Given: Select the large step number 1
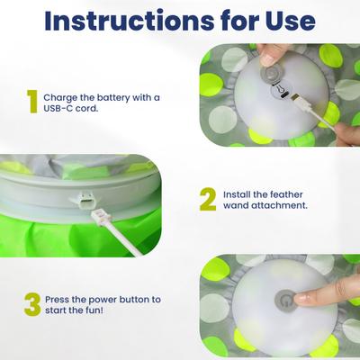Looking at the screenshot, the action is point(32,102).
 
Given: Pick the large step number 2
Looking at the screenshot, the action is point(208,200).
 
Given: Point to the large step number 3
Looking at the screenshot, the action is point(32,304).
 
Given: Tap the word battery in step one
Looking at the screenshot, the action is point(113,97).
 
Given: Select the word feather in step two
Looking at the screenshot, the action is point(286,194).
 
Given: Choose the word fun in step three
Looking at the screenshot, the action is point(94,310).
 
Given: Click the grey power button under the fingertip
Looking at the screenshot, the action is point(285,301).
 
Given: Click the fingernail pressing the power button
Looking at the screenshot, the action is point(302,299).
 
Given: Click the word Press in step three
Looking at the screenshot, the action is point(58,300).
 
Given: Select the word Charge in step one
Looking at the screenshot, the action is point(57,98).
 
